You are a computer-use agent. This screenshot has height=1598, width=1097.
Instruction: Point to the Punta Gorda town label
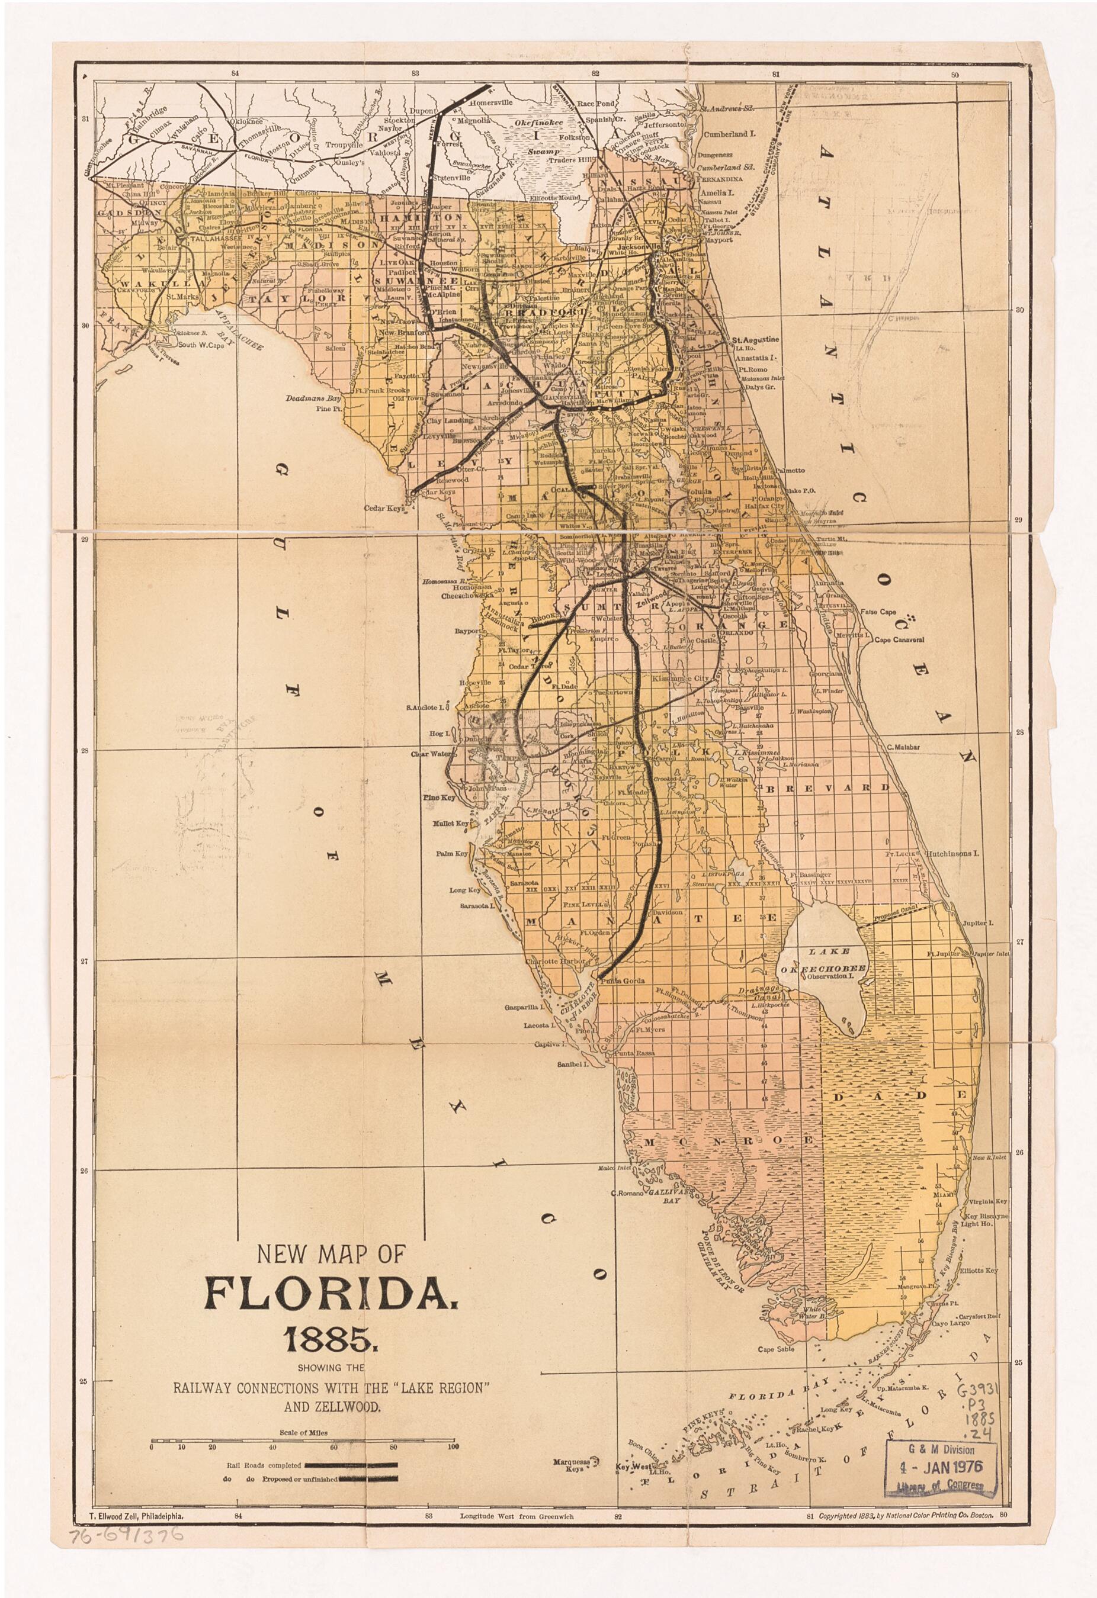pos(623,980)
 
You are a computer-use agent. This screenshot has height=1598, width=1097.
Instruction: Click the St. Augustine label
pos(755,340)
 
